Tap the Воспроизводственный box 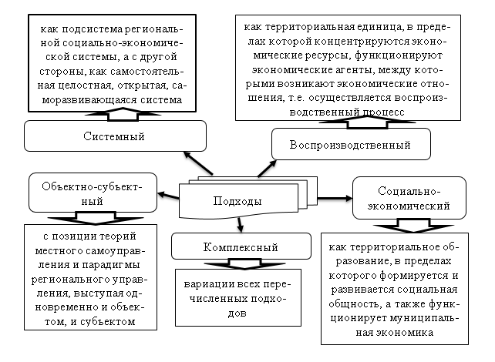pos(349,145)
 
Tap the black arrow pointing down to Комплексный pos(241,225)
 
